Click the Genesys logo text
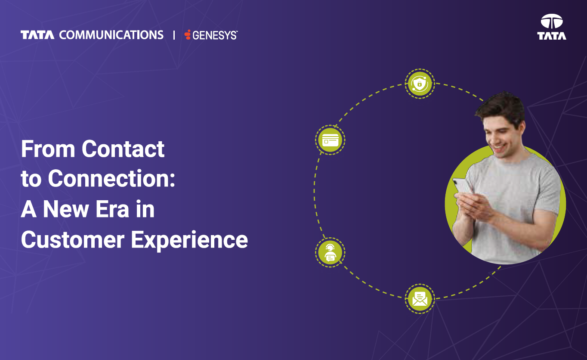tap(215, 35)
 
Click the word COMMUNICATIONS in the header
tap(111, 35)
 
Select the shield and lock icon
tap(420, 84)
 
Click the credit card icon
tap(330, 140)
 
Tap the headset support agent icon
tap(330, 252)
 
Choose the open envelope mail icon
tap(420, 299)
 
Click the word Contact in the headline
tap(123, 149)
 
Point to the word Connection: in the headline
tap(111, 179)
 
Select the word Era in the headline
tap(112, 209)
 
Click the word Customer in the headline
tap(73, 240)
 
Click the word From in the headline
tap(48, 149)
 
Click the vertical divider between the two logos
tap(174, 35)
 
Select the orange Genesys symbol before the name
tap(187, 35)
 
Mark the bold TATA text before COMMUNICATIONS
tap(37, 35)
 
